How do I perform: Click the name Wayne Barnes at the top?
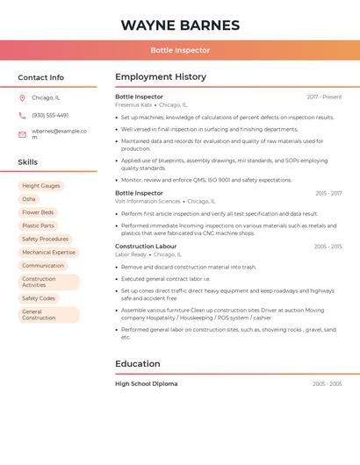[x=180, y=25]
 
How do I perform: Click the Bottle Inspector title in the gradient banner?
[x=180, y=50]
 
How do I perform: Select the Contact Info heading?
[x=41, y=77]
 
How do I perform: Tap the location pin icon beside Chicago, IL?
[x=22, y=98]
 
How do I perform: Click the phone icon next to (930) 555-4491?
[x=22, y=115]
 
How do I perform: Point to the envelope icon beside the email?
[x=22, y=134]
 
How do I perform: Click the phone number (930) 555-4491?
[x=50, y=115]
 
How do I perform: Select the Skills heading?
[x=28, y=162]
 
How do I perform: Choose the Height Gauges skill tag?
[x=41, y=186]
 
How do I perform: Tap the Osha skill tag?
[x=29, y=199]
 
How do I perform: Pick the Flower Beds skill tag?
[x=38, y=212]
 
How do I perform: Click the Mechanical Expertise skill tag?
[x=48, y=252]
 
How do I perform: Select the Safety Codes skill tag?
[x=39, y=298]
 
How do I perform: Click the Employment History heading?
[x=161, y=77]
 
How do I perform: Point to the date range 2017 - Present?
[x=324, y=97]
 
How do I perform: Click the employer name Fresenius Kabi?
[x=133, y=104]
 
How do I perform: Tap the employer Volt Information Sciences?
[x=148, y=201]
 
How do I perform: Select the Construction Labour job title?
[x=146, y=247]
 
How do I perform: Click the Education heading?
[x=138, y=364]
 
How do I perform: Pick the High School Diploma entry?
[x=146, y=383]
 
